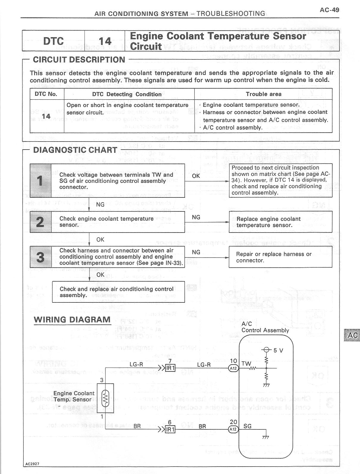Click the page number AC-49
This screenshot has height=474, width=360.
[329, 10]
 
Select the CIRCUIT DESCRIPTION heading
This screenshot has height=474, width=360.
[79, 59]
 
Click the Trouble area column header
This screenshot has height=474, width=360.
[263, 94]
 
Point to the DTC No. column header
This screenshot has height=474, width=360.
[46, 94]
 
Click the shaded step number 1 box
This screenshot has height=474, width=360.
[40, 181]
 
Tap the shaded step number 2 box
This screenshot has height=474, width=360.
[40, 222]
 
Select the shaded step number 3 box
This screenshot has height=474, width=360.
[40, 257]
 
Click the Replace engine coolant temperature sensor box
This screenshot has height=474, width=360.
[280, 222]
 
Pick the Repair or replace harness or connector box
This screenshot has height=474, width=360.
[280, 257]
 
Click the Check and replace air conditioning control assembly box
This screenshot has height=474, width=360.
[118, 292]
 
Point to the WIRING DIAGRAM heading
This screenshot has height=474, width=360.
[72, 320]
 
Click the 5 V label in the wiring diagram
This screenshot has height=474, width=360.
[278, 350]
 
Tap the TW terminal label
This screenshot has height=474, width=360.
[246, 363]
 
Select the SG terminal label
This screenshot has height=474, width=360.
[247, 426]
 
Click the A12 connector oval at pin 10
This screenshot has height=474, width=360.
[233, 368]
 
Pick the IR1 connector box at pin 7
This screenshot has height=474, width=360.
[170, 368]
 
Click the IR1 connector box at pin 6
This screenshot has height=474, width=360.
[170, 430]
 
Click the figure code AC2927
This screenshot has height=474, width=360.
[32, 464]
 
